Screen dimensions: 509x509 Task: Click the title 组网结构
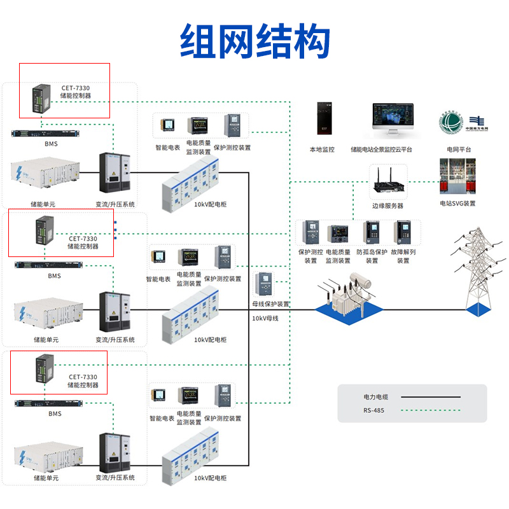click(254, 42)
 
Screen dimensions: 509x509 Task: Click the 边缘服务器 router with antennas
click(388, 181)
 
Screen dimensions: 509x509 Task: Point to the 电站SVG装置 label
click(457, 204)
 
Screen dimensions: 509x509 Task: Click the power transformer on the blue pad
click(349, 296)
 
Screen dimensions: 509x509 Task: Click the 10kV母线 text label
click(265, 317)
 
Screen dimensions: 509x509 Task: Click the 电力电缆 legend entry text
click(376, 397)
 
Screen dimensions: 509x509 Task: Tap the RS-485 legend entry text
click(375, 410)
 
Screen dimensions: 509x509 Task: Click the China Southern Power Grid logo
click(477, 122)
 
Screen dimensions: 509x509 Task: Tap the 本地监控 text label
click(321, 150)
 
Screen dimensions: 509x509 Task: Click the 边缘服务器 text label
click(387, 206)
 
